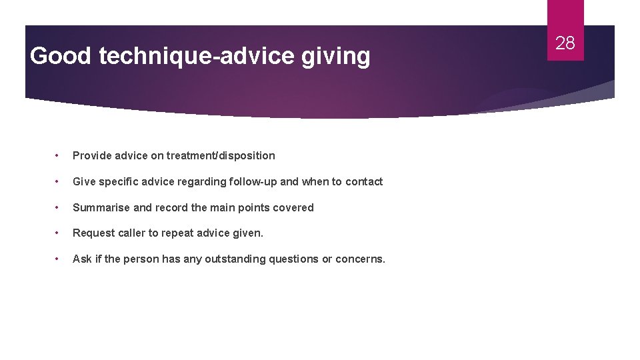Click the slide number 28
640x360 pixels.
(x=565, y=43)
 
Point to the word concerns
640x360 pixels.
(x=360, y=259)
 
